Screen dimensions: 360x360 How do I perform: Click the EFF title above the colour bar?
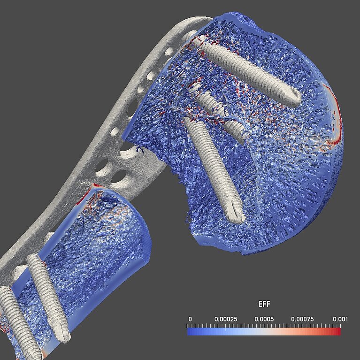tap(264, 304)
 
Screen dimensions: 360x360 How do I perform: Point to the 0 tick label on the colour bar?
tap(190, 319)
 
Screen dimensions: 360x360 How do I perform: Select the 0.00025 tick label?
tap(226, 319)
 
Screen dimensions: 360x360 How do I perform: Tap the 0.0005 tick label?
tap(264, 319)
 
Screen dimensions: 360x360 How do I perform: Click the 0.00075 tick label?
tap(302, 319)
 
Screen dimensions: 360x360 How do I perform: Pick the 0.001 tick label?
tap(340, 319)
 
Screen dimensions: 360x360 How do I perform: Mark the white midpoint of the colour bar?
tap(264, 331)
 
